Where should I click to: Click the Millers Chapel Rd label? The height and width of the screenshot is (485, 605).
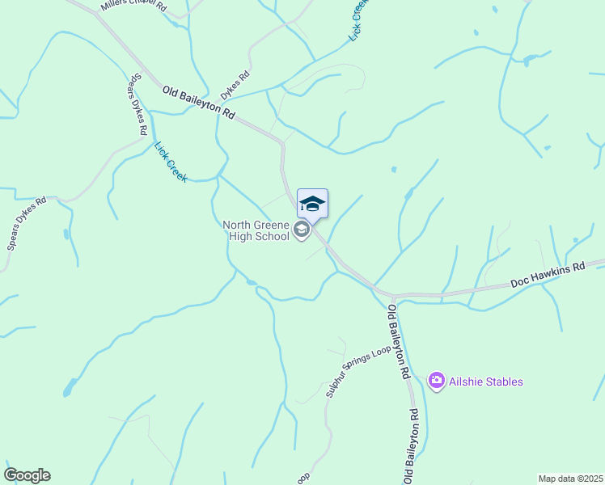point(133,6)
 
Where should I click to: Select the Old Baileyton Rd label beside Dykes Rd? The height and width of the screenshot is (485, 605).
point(198,103)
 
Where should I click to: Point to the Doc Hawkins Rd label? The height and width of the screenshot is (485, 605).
point(547,275)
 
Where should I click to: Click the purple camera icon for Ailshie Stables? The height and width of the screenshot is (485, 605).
point(437,380)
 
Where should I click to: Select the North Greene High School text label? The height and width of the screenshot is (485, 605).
point(256,230)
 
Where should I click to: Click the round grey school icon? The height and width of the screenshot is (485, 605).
point(302,231)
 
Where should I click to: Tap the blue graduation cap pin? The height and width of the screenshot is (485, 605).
point(312,204)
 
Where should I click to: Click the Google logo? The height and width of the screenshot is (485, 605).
point(27,475)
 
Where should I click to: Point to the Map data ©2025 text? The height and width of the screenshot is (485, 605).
point(570,479)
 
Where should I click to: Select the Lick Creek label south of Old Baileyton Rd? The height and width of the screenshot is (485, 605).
point(171,162)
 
